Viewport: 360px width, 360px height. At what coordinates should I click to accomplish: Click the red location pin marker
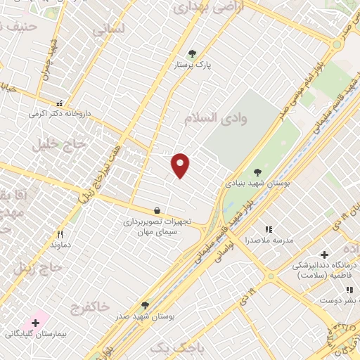tap(181, 165)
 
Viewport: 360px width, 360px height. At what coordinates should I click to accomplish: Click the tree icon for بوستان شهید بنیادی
tap(257, 172)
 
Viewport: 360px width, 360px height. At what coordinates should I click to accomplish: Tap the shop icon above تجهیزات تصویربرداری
tap(156, 210)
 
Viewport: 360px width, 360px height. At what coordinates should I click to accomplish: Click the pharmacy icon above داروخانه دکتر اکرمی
tap(60, 103)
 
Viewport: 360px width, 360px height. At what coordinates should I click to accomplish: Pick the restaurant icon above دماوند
tap(60, 234)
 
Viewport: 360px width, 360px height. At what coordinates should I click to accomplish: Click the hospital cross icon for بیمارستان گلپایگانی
tap(35, 322)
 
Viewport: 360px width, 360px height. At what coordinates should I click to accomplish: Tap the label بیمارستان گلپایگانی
tap(32, 333)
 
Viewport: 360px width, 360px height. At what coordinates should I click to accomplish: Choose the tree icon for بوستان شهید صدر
tap(145, 305)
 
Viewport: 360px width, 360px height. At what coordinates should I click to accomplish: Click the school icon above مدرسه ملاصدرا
tap(268, 229)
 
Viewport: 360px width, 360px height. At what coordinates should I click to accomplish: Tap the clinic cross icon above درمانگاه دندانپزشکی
tap(323, 255)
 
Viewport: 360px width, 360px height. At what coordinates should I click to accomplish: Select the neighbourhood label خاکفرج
tap(90, 307)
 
